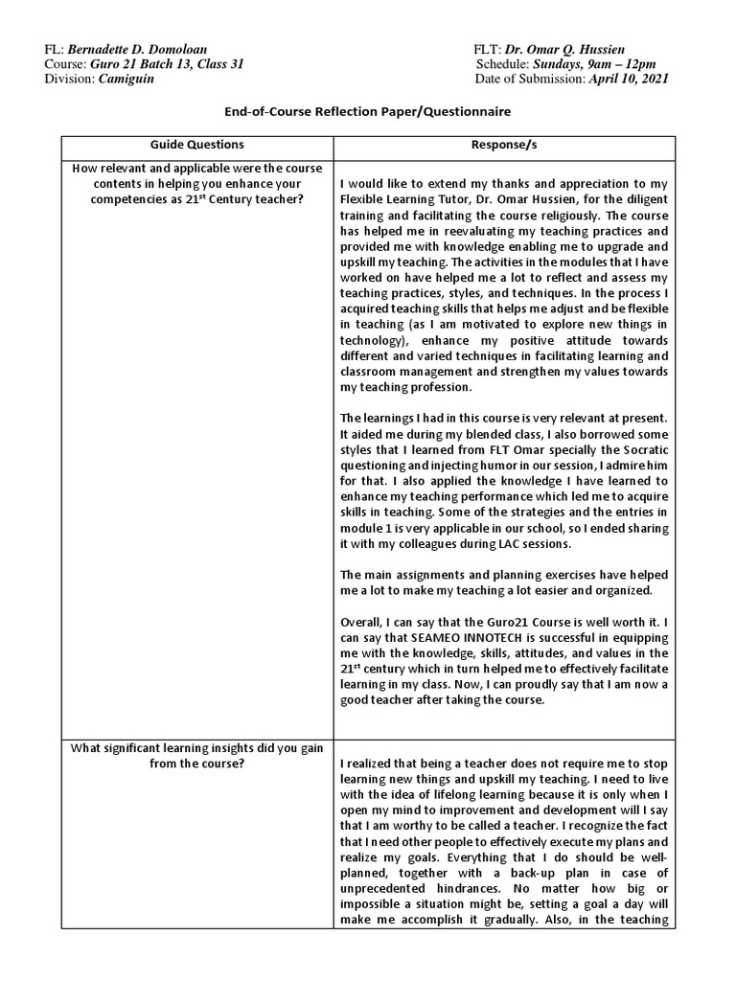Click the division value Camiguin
pos(126,79)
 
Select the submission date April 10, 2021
pos(630,79)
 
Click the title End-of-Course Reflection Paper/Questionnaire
pos(368,112)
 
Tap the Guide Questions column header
pos(196,148)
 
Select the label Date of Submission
pos(530,79)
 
